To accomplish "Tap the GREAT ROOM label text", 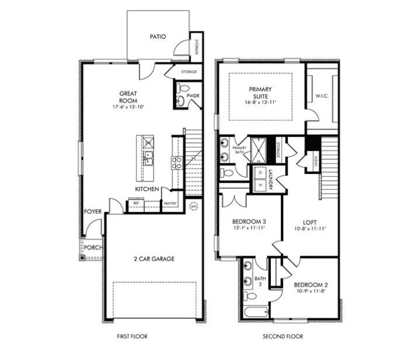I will click(x=128, y=96).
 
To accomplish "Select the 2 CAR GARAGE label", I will click(x=154, y=258).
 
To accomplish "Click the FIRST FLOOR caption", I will click(x=131, y=337).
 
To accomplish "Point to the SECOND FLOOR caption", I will click(x=283, y=337).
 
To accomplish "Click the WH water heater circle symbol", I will click(x=194, y=206).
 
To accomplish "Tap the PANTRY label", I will click(x=170, y=203).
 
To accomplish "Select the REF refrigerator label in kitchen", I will click(x=136, y=203).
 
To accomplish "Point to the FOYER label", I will click(x=93, y=212).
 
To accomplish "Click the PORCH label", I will click(x=92, y=247).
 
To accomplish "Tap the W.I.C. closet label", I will click(x=322, y=96).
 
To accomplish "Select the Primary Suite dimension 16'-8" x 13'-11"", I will click(x=260, y=103).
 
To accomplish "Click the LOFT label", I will click(x=309, y=222).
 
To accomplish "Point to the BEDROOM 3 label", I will click(x=249, y=221).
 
